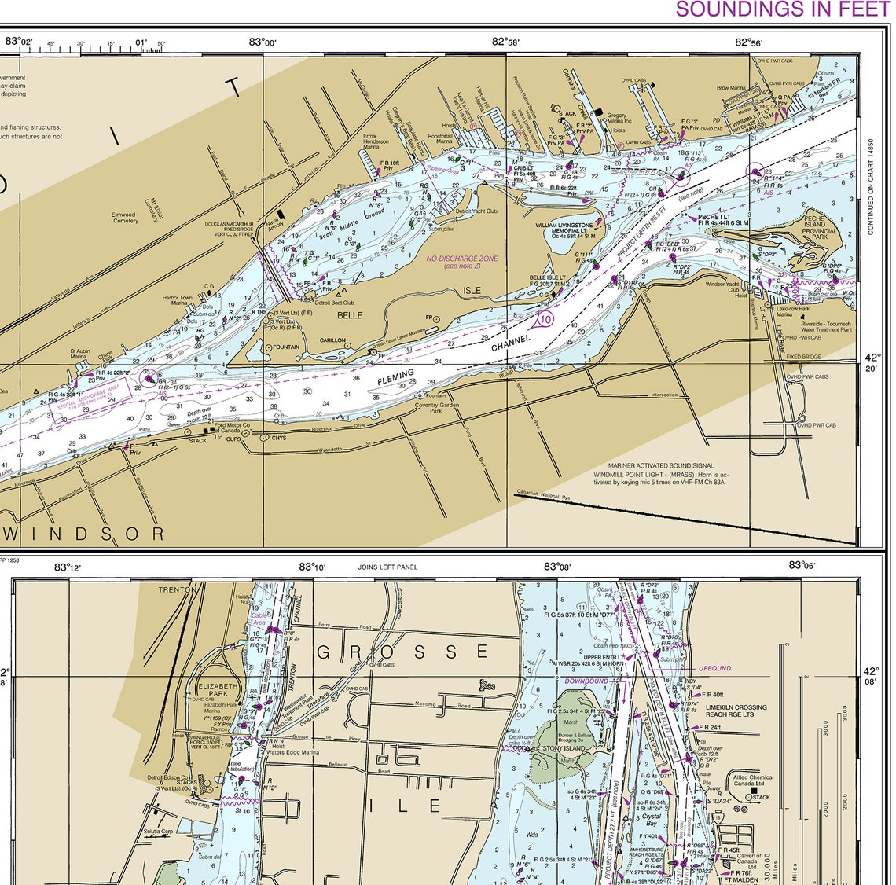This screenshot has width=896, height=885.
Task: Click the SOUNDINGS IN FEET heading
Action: (x=784, y=9)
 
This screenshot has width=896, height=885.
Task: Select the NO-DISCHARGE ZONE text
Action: (x=462, y=259)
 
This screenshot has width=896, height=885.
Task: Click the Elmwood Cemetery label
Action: (x=125, y=217)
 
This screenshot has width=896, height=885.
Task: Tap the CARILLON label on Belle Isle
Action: (x=332, y=340)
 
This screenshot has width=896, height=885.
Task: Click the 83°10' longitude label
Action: (x=312, y=566)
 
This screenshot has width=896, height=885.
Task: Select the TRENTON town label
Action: (x=177, y=589)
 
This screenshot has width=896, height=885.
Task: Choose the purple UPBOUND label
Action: (x=714, y=668)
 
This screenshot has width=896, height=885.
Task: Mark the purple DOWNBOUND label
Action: (x=586, y=681)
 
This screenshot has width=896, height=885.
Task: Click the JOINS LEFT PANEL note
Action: (x=387, y=567)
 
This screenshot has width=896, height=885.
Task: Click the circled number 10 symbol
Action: (x=545, y=318)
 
